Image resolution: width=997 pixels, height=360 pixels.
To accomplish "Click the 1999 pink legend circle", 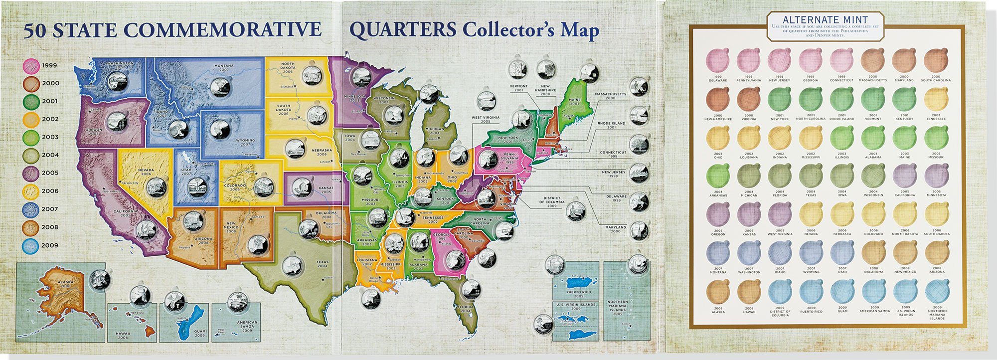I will click(x=31, y=66).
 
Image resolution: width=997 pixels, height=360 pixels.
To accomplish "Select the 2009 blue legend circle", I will click(x=31, y=246).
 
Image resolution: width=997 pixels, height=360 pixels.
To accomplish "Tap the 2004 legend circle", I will click(x=31, y=156).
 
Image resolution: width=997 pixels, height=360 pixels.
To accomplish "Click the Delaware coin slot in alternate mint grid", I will click(x=718, y=61).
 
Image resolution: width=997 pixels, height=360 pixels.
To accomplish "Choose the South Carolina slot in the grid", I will click(x=936, y=61).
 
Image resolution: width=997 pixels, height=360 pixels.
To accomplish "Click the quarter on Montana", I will click(x=220, y=87).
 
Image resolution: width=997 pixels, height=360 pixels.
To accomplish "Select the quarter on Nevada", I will click(x=156, y=187).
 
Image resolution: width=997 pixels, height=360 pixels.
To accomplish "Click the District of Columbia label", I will click(x=551, y=201).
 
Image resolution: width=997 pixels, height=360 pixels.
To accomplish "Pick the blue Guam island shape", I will click(x=185, y=321).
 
